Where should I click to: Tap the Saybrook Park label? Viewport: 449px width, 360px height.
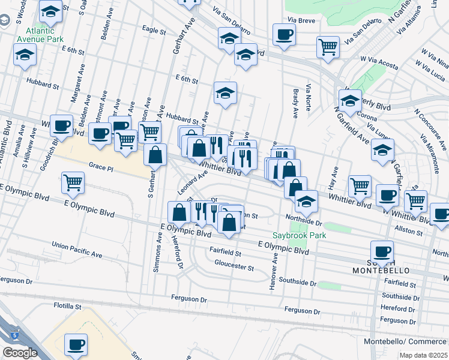pos(299,235)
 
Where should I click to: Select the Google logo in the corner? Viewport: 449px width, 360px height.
pos(20,353)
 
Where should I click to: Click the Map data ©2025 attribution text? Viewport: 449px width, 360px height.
pos(424,355)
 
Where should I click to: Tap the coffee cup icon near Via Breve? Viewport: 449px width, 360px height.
pos(284,34)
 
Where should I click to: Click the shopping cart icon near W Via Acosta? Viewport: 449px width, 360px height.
pos(328,46)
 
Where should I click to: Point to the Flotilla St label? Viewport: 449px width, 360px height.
pos(67,306)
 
